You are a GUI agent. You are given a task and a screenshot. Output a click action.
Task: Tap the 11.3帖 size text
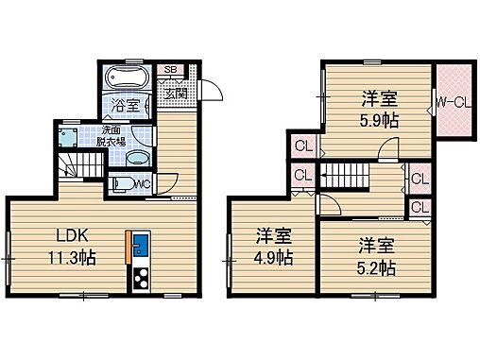click(71, 255)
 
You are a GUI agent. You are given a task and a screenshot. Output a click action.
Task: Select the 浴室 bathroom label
click(129, 105)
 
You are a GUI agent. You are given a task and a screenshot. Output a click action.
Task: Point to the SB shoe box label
click(172, 71)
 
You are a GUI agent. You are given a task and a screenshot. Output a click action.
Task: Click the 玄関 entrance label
click(176, 93)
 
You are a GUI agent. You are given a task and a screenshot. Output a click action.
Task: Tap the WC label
click(141, 183)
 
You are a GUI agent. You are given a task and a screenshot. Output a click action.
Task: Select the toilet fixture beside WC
click(121, 184)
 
